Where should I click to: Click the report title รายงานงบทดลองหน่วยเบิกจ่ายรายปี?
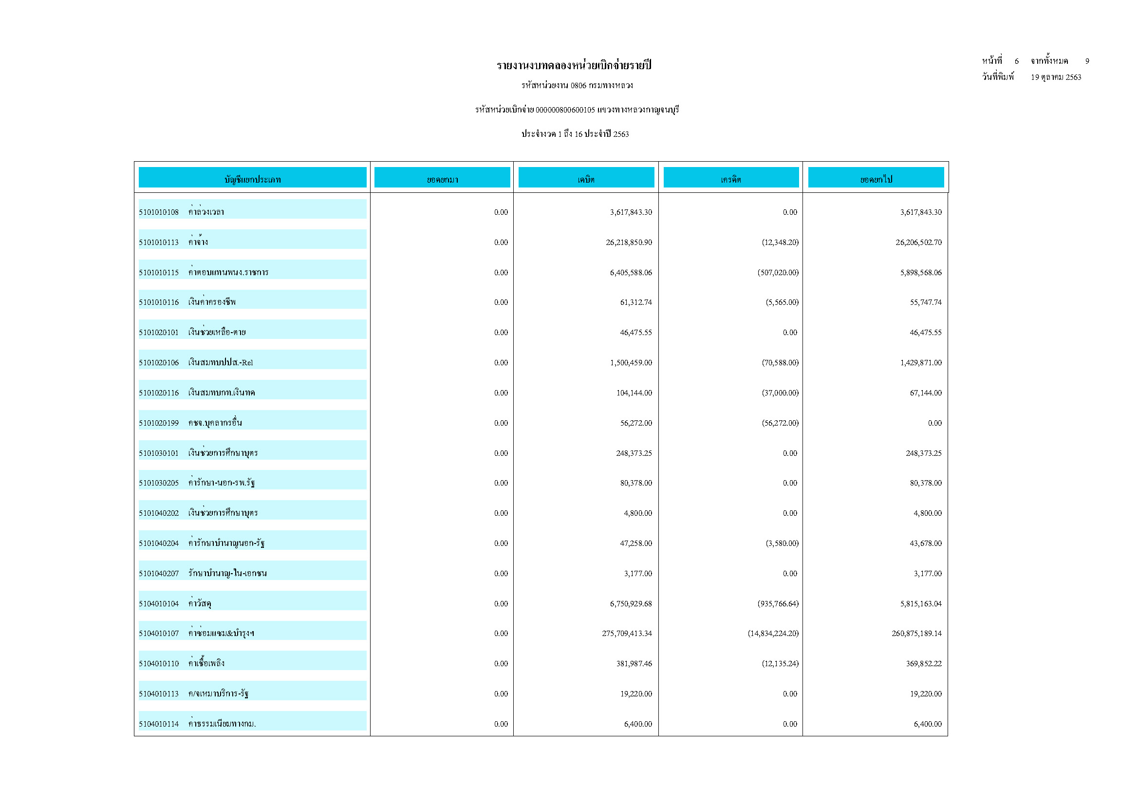pos(574,65)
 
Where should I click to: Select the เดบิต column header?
pos(586,179)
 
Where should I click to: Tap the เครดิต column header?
pos(730,179)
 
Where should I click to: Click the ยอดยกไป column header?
pos(876,179)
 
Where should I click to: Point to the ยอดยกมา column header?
pos(442,179)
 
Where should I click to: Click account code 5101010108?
pos(159,212)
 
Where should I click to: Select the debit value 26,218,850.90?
pos(629,243)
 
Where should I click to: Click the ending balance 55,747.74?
pos(925,302)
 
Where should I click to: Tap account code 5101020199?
pos(159,423)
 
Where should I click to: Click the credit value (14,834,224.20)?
pos(773,634)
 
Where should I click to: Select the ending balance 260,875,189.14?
pos(916,634)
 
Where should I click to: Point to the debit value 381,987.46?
pos(634,664)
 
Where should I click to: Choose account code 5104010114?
pos(159,724)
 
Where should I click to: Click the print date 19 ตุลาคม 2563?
pos(1056,77)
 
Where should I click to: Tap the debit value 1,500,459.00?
pos(631,363)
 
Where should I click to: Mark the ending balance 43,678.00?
pos(925,544)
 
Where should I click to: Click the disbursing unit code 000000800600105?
pos(565,110)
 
